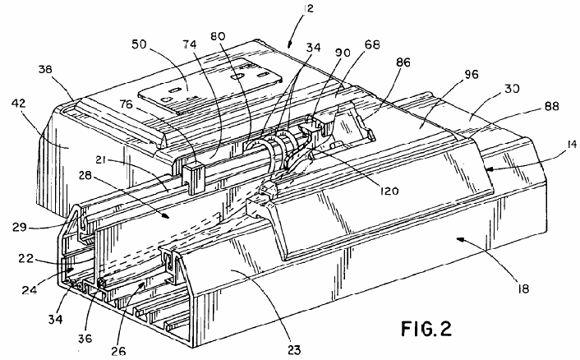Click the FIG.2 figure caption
click(x=426, y=329)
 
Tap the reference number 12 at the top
click(x=307, y=8)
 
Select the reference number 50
click(x=140, y=44)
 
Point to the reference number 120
click(x=389, y=191)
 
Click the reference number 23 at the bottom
click(x=294, y=349)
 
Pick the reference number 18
click(x=524, y=288)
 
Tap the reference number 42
click(x=19, y=104)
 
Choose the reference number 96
click(x=471, y=74)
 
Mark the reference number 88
click(x=551, y=106)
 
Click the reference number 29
click(x=19, y=226)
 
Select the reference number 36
click(x=85, y=338)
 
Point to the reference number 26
click(x=118, y=350)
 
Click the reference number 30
click(x=512, y=89)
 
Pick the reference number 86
click(x=403, y=62)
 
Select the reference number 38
click(x=45, y=69)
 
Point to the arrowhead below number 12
click(x=290, y=44)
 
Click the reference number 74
click(x=190, y=44)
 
